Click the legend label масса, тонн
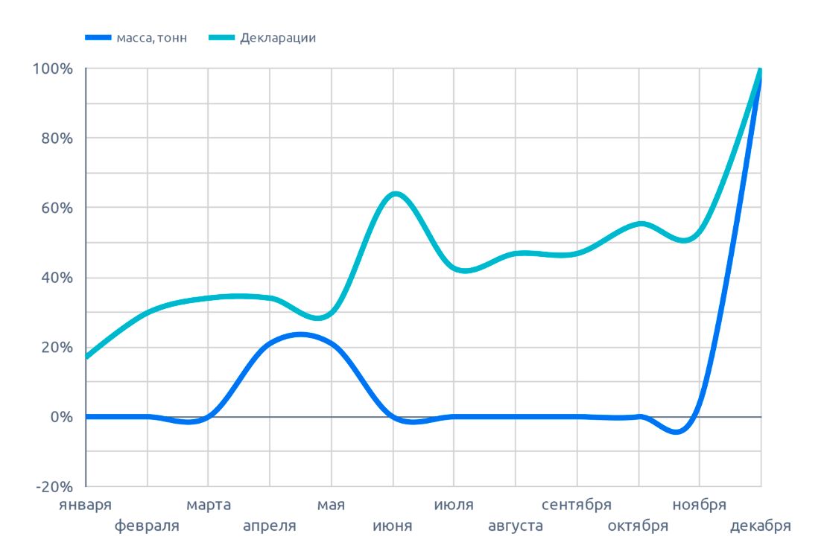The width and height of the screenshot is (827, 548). (151, 38)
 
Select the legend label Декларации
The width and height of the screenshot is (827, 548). (277, 38)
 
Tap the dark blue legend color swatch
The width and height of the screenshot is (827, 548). (98, 38)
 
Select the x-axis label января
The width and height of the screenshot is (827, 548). (86, 506)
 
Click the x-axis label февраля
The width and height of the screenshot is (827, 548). (147, 526)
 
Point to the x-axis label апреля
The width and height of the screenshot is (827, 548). (270, 526)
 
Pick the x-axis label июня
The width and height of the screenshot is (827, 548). (393, 526)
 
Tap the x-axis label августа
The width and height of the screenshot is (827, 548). (515, 526)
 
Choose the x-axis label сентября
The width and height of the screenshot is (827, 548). (577, 506)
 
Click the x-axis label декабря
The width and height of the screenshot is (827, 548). (760, 526)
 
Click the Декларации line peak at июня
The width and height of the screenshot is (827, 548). (395, 194)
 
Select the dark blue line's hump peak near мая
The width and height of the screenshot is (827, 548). (300, 334)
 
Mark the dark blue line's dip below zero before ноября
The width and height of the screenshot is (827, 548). (677, 431)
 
